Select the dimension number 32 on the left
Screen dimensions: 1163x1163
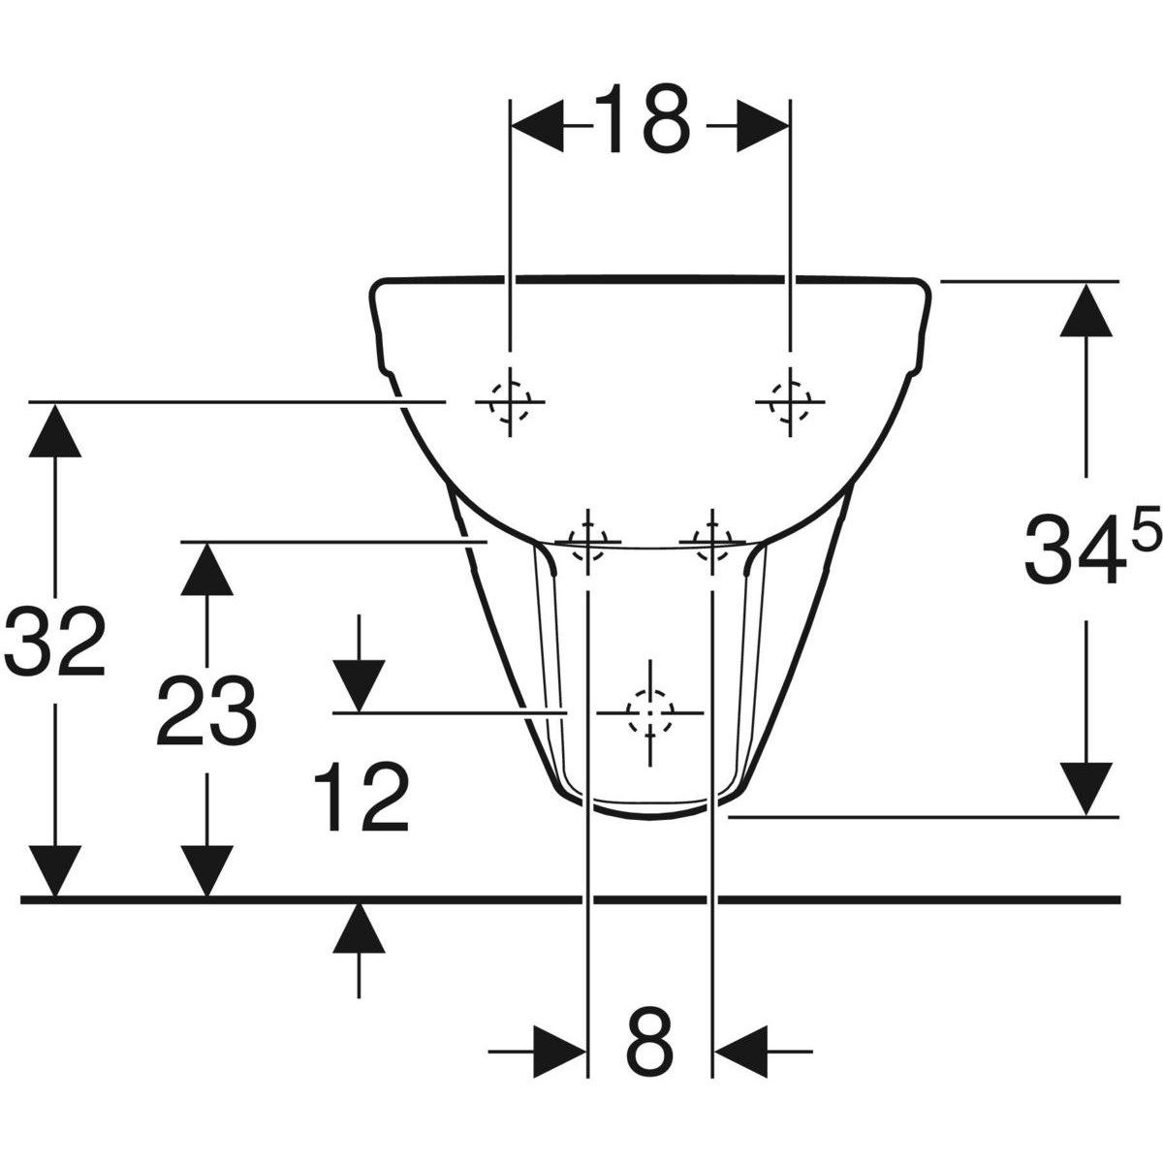(54, 643)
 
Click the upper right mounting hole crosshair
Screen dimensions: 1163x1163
(791, 400)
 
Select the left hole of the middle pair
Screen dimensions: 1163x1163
(587, 538)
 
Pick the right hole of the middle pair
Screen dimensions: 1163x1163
(712, 538)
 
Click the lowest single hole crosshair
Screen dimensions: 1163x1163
(649, 713)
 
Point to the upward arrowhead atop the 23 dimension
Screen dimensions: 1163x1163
(206, 569)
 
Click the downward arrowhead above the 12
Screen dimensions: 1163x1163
(359, 686)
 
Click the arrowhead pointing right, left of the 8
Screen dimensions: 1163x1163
(560, 1050)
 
